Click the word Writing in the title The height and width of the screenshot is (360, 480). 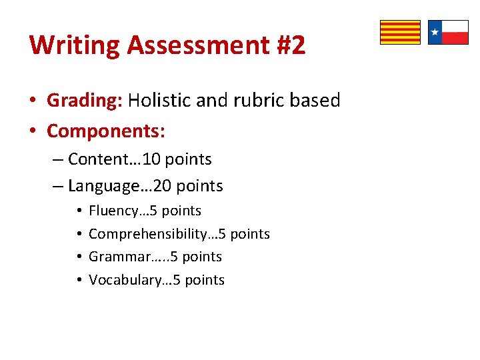coord(74,45)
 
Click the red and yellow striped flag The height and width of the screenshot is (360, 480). coord(400,32)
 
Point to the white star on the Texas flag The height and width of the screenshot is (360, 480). coord(435,32)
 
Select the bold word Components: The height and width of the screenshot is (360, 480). coord(106,131)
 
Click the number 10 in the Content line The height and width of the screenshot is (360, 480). coord(152,159)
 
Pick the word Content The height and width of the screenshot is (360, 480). coord(93,159)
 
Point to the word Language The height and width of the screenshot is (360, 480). coord(99,185)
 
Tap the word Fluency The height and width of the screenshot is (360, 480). coord(111,211)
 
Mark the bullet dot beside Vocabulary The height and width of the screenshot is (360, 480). coord(79,281)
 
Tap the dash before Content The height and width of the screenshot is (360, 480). coord(58,160)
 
